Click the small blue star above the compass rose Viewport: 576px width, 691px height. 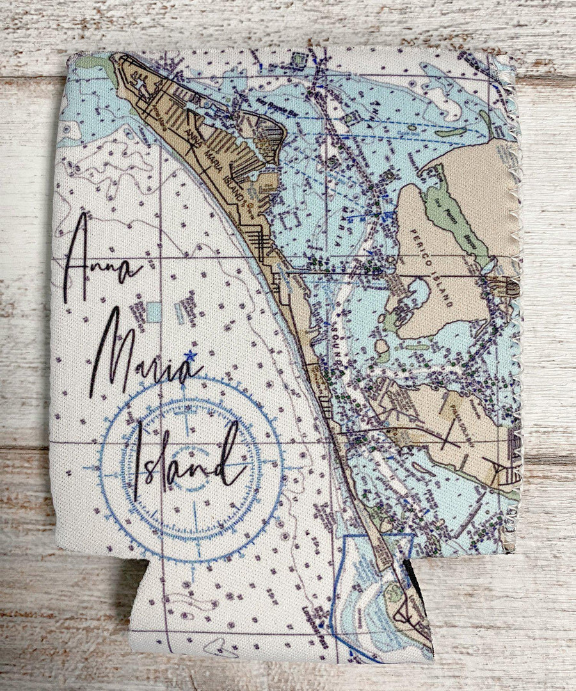pos(189,356)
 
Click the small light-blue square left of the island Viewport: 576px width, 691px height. pos(154,312)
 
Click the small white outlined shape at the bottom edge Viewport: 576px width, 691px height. pos(221,650)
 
